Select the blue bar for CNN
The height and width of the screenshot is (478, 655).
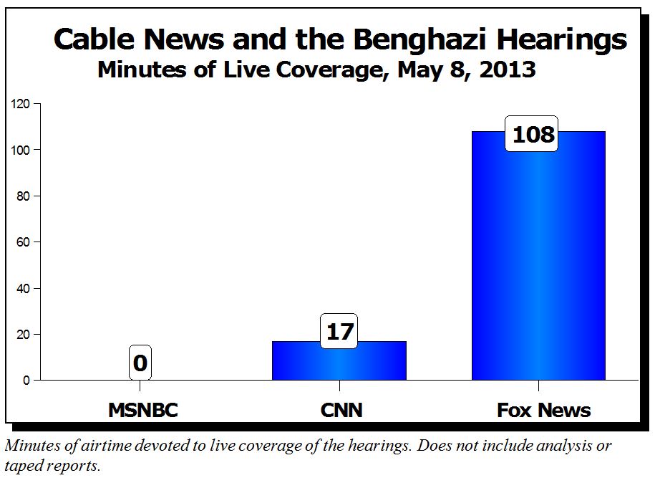pos(339,362)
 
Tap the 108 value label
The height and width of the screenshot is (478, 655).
pos(531,134)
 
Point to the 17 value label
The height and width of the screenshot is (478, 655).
pos(339,332)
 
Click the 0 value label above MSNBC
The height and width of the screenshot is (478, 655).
pos(140,363)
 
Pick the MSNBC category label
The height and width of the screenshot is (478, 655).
pos(142,411)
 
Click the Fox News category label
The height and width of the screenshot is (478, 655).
pos(544,411)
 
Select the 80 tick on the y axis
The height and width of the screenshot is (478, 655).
pos(23,196)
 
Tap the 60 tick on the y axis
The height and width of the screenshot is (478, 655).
pos(23,242)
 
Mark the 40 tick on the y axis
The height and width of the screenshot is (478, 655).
pos(23,289)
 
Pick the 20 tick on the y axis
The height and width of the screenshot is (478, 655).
pos(23,335)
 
